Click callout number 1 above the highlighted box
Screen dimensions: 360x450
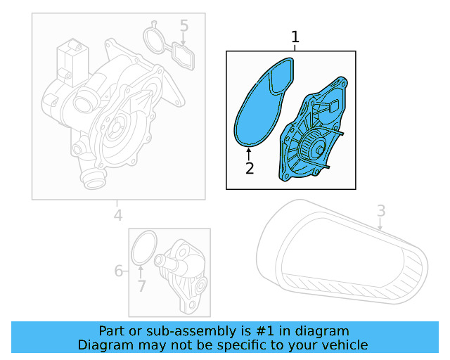coord(295,37)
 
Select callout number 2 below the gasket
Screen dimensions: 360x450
coord(248,168)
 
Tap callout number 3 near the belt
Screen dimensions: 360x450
coord(381,210)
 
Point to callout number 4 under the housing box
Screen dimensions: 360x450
coord(118,215)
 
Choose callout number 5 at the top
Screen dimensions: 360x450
coord(184,27)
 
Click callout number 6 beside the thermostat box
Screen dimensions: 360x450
coord(119,270)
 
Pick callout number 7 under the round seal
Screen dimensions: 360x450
coord(141,285)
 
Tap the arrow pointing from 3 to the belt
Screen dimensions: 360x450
coord(380,224)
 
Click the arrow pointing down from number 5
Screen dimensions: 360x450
coord(184,40)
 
